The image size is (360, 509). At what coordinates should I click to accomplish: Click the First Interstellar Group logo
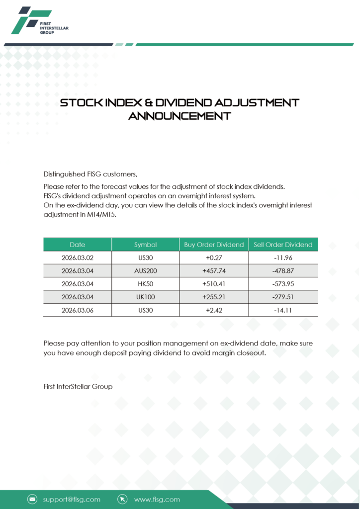[40, 21]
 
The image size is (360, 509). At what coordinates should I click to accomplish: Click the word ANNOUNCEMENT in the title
[180, 116]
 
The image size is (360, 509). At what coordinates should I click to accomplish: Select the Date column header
[78, 245]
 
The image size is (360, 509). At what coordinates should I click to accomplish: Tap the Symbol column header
[145, 245]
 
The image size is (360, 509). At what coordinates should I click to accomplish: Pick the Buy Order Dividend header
[214, 245]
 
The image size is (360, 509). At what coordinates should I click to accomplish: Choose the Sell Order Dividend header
[283, 245]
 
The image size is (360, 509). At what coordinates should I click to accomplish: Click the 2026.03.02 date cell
[78, 258]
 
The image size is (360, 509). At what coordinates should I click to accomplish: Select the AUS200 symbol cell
[145, 271]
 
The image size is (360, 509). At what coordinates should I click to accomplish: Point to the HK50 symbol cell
[145, 284]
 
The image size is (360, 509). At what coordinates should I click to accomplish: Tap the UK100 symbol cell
[145, 297]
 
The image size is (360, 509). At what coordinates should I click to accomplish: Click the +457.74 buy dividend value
[214, 271]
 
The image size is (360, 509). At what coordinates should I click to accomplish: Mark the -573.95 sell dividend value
[283, 284]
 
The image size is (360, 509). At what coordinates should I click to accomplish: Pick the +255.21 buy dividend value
[214, 297]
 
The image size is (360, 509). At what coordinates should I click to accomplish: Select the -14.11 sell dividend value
[283, 310]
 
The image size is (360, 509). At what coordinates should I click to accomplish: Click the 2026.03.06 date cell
[78, 310]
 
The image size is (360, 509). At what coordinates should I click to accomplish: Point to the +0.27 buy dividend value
[214, 258]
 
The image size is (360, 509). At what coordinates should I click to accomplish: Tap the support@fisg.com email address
[72, 499]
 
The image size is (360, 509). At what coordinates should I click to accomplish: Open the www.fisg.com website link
[157, 499]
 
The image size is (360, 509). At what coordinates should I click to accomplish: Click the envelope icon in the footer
[32, 499]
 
